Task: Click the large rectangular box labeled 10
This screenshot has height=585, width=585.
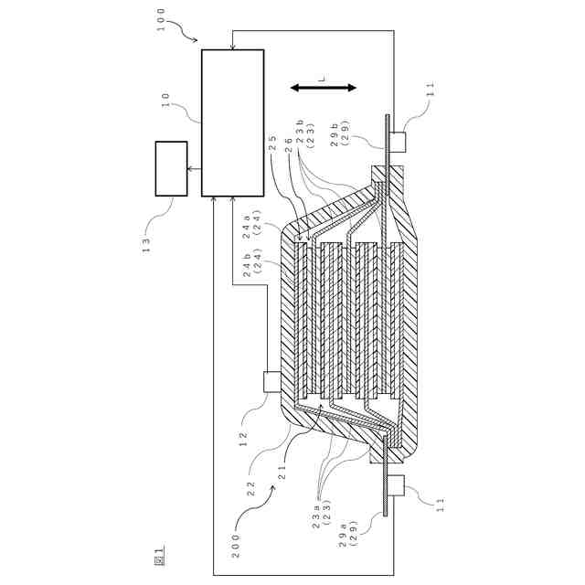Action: tap(232, 122)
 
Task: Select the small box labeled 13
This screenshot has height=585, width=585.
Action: tap(171, 168)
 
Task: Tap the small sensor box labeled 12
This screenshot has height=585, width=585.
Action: tap(271, 381)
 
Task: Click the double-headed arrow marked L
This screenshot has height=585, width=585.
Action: tap(323, 88)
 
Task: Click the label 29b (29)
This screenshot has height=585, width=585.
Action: tap(340, 133)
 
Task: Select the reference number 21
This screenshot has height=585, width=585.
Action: tap(282, 473)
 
